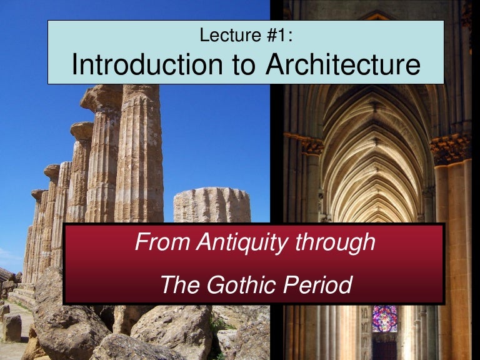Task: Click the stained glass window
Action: [384, 318]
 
